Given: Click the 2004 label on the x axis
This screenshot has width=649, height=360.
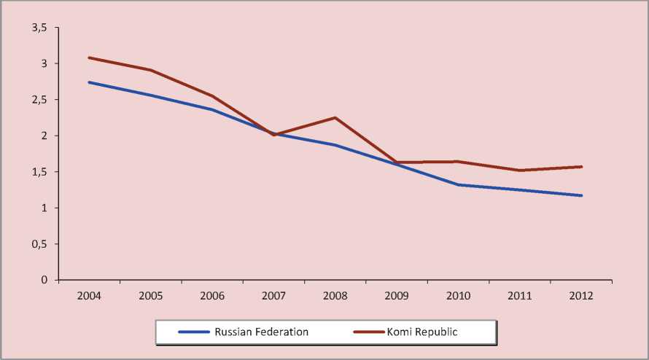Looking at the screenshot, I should (89, 296).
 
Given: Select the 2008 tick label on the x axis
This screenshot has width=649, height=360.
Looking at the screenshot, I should (335, 296).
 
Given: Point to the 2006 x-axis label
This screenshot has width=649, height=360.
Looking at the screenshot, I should (212, 296).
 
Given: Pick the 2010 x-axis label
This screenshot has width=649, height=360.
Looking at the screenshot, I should (459, 296).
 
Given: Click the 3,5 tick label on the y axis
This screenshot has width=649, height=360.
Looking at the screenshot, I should (39, 28).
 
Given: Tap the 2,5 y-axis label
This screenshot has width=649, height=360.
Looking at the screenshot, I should (39, 100).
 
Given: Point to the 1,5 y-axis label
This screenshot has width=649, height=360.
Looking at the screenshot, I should (39, 172).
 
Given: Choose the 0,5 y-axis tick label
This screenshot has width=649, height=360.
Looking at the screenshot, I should (39, 244).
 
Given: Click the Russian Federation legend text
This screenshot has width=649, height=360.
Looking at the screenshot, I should (261, 332).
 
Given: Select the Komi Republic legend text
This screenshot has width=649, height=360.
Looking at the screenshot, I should (427, 332).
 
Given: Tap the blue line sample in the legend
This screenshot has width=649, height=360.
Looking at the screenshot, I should (193, 332).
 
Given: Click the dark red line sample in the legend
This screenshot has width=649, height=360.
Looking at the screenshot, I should (369, 332).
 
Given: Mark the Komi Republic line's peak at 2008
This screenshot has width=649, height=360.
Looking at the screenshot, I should (335, 118).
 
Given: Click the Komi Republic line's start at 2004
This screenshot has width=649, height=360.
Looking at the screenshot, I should (89, 58).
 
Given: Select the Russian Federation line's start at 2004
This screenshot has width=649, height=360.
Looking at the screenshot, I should (89, 82).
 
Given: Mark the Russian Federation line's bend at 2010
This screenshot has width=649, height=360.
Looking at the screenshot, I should (459, 185).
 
